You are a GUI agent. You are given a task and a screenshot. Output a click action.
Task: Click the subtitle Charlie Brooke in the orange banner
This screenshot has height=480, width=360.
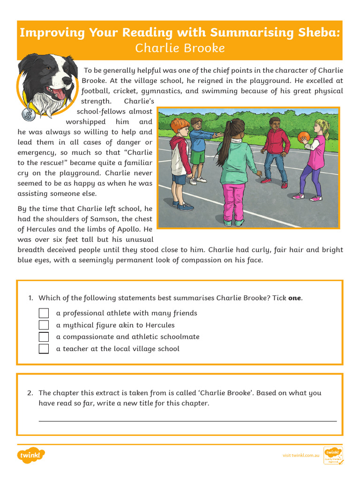[180, 48]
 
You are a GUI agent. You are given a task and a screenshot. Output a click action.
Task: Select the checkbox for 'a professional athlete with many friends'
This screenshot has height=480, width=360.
[44, 313]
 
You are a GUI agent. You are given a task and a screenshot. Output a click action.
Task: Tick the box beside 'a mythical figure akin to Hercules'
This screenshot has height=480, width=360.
[44, 325]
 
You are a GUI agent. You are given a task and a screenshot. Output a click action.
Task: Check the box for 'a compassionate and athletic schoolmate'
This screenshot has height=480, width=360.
[44, 337]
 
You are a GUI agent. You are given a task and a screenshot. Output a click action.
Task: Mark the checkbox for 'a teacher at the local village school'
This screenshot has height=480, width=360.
[44, 349]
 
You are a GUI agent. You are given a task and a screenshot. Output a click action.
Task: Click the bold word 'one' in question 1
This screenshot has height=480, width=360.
[294, 298]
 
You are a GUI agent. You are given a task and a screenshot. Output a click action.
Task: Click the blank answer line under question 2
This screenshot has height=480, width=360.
[187, 420]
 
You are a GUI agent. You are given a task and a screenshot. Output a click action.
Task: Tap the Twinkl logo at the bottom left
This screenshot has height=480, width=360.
[31, 455]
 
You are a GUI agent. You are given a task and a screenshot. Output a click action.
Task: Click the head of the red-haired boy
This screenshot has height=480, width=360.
[180, 127]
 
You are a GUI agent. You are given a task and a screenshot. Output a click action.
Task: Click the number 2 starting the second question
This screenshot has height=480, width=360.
[30, 393]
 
